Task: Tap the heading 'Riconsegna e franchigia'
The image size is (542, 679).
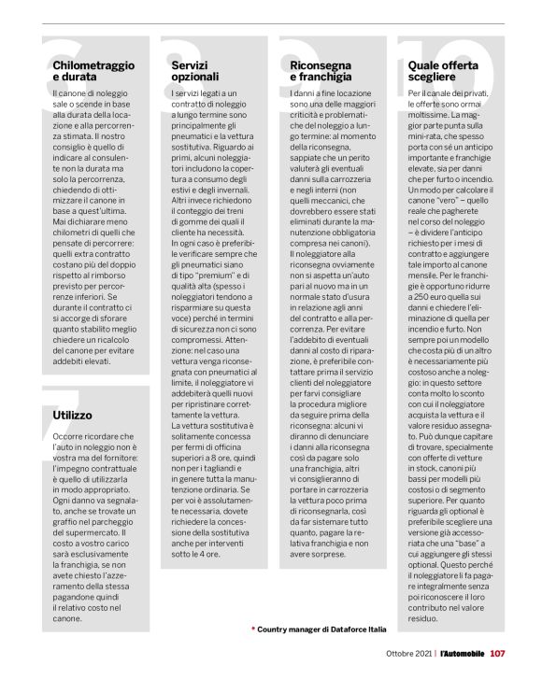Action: coord(321,70)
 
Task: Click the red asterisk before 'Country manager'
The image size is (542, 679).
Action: coord(252,629)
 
